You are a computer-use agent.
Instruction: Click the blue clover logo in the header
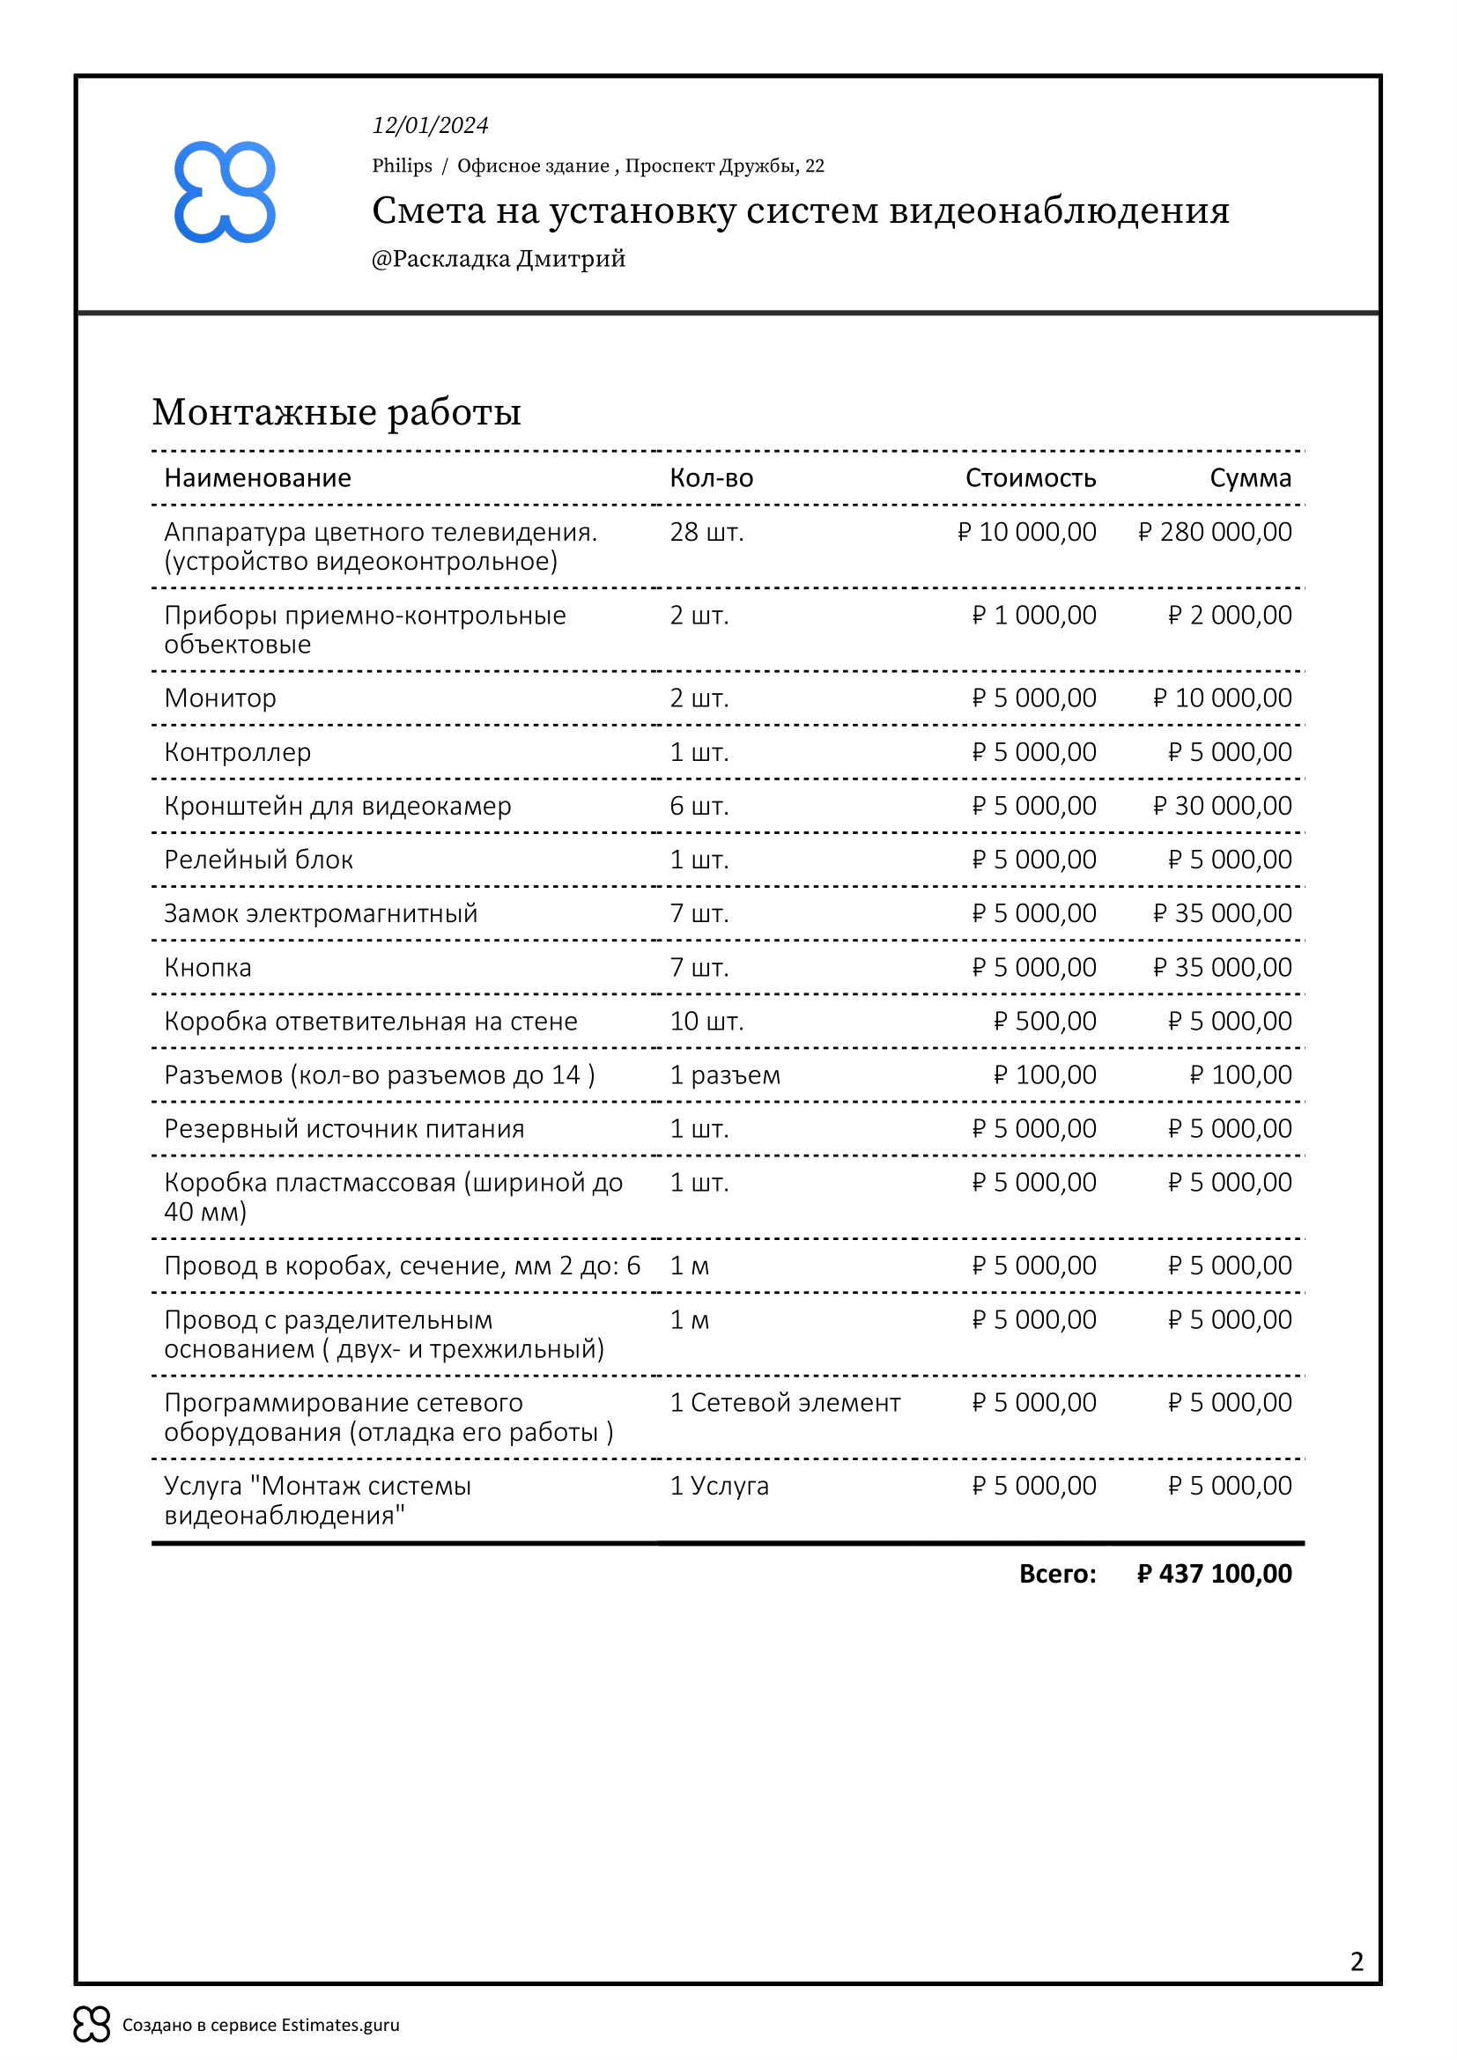point(225,192)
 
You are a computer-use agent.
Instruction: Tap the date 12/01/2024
point(430,126)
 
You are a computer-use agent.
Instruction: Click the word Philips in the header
point(402,166)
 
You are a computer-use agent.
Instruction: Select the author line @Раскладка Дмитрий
point(498,259)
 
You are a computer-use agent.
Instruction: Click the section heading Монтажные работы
point(337,412)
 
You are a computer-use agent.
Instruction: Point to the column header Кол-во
point(712,478)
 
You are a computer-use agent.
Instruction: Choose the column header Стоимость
point(1030,478)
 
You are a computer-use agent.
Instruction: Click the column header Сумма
point(1250,478)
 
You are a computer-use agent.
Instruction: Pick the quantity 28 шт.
point(707,532)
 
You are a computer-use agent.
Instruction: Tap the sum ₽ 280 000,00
point(1215,532)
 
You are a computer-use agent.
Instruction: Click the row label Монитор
point(220,698)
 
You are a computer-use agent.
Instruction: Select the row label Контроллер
point(238,752)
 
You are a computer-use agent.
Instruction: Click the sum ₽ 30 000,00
point(1222,806)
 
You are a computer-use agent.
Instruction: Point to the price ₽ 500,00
point(1045,1021)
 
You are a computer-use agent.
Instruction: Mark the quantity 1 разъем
point(725,1074)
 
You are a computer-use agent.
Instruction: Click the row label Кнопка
point(207,967)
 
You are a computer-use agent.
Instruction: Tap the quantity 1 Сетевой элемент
point(785,1402)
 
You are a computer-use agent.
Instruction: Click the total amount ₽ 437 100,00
point(1214,1574)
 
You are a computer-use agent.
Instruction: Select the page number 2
point(1357,1961)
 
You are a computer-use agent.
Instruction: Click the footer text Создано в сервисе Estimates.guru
point(260,2025)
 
